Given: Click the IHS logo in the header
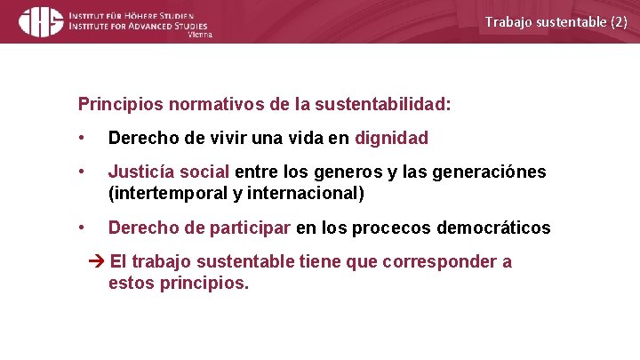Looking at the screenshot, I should pos(41,20).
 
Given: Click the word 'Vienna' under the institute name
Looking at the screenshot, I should pos(200,36).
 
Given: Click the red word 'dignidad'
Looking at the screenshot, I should pos(391,139).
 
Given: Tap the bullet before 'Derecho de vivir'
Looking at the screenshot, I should pos(82,139).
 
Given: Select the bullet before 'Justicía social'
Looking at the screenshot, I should pos(82,172).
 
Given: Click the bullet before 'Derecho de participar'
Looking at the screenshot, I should pos(82,228).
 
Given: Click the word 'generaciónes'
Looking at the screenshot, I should pos(490,172).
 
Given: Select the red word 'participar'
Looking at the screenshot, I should pos(251,228).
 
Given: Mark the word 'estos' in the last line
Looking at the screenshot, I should pos(130,284).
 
